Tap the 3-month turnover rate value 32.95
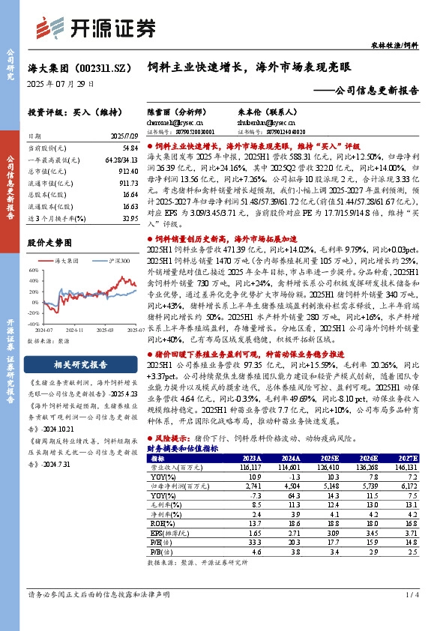129,217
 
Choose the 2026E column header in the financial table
367,458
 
